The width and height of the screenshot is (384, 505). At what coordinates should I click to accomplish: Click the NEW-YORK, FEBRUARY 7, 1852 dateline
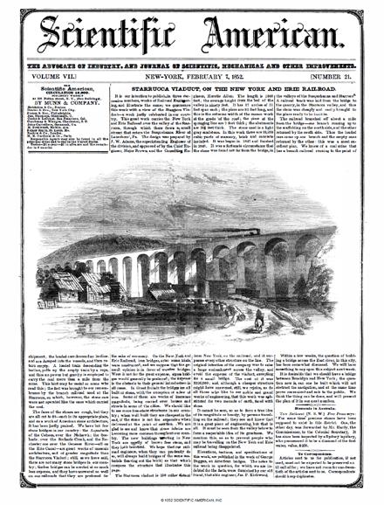point(191,77)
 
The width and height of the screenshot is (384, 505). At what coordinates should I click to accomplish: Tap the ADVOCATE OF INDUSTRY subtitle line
point(191,66)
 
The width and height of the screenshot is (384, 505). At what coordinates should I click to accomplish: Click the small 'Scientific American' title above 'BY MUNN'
point(43,88)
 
